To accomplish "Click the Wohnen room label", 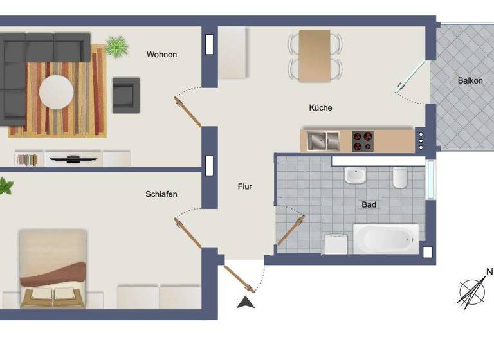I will click(161, 55).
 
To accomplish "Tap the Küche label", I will click(320, 108).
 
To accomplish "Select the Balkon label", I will click(470, 81).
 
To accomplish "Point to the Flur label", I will click(244, 187).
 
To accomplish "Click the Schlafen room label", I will click(161, 194).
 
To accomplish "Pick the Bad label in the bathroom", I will click(369, 205).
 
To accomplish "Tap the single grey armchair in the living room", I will click(126, 92).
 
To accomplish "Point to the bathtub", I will click(385, 239).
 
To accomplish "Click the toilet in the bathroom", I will click(400, 177).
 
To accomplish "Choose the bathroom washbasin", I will click(355, 175).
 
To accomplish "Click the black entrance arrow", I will click(246, 302).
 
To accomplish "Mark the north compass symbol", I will click(473, 291).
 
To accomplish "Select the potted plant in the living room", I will click(116, 46).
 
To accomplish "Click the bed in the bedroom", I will click(53, 269).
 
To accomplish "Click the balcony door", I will click(411, 78).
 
